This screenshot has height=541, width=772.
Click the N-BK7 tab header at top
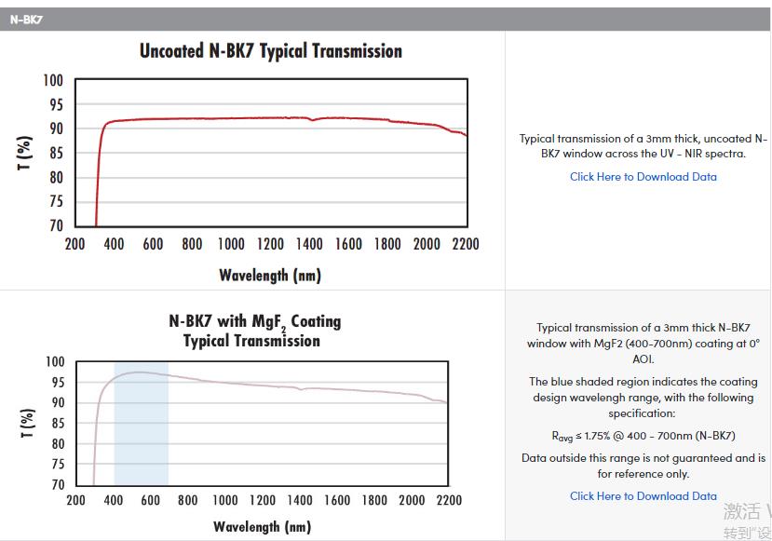(x=26, y=20)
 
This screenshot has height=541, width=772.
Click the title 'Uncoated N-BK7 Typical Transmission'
(x=271, y=51)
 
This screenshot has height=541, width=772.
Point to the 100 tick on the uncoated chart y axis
(x=53, y=81)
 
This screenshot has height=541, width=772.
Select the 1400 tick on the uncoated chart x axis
(x=309, y=245)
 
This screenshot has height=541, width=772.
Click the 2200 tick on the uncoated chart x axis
(x=465, y=245)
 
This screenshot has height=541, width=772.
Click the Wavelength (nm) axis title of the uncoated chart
(x=270, y=275)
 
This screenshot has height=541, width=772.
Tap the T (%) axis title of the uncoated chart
(x=25, y=153)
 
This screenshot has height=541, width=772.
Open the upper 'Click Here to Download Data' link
(x=643, y=177)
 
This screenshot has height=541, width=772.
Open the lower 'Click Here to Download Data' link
(x=643, y=496)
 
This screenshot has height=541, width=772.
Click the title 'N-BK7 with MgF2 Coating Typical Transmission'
(x=254, y=331)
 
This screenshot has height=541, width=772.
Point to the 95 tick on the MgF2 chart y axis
(x=57, y=382)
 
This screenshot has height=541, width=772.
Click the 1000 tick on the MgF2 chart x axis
(x=224, y=501)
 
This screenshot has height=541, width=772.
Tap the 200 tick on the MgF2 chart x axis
(x=76, y=501)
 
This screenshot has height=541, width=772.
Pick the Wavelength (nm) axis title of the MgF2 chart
(x=262, y=527)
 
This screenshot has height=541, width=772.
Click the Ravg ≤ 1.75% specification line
(x=643, y=436)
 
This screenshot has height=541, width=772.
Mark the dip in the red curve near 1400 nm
(x=312, y=119)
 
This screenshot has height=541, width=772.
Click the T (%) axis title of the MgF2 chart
(x=25, y=424)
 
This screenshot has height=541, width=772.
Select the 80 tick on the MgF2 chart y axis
(x=57, y=443)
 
